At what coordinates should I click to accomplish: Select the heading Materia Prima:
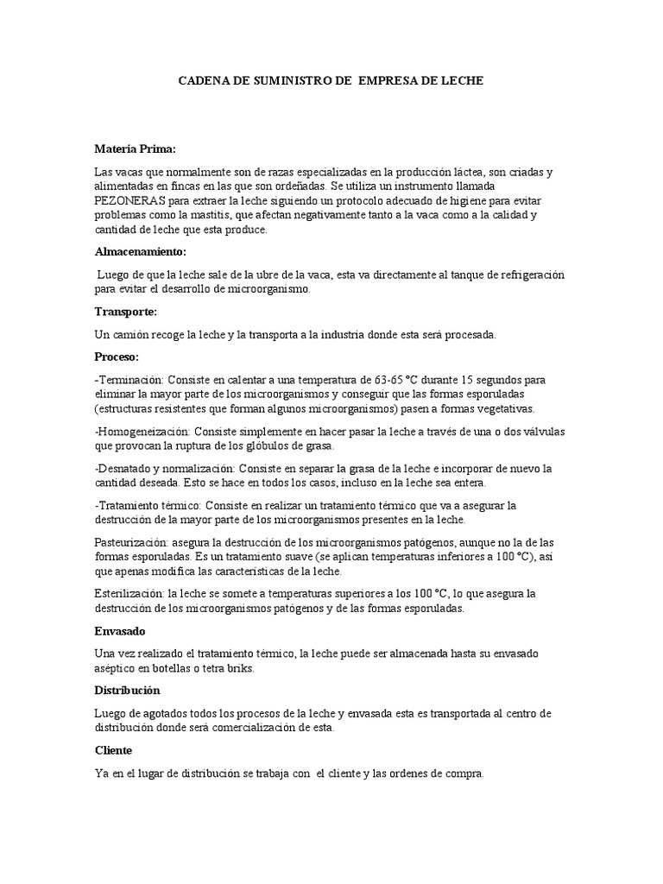134,148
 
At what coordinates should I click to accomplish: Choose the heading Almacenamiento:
140,251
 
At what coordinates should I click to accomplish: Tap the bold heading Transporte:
125,311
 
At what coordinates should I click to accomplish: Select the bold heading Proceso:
117,356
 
